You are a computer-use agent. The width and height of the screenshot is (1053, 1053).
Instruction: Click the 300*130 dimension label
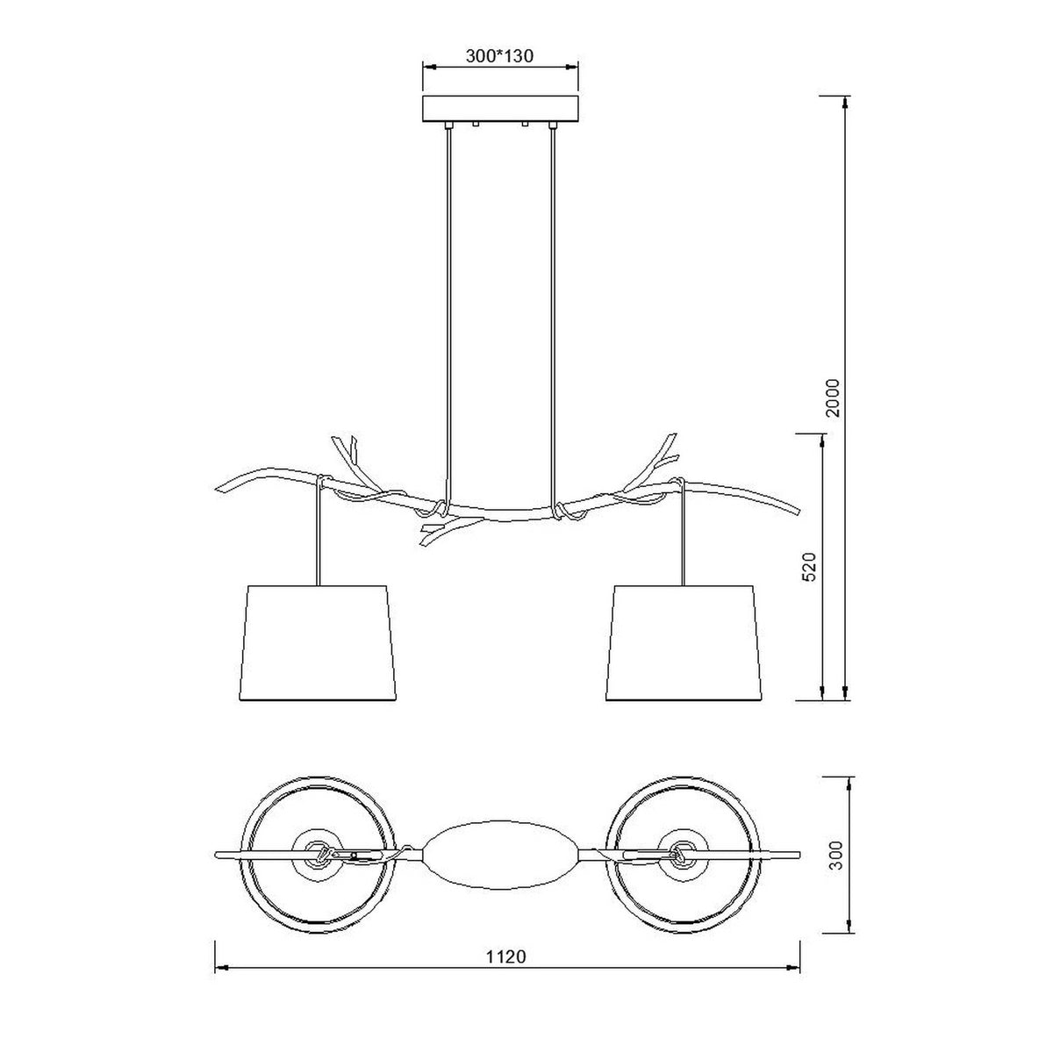click(499, 56)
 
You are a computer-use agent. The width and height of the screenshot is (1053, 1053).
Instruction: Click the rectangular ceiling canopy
click(500, 110)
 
